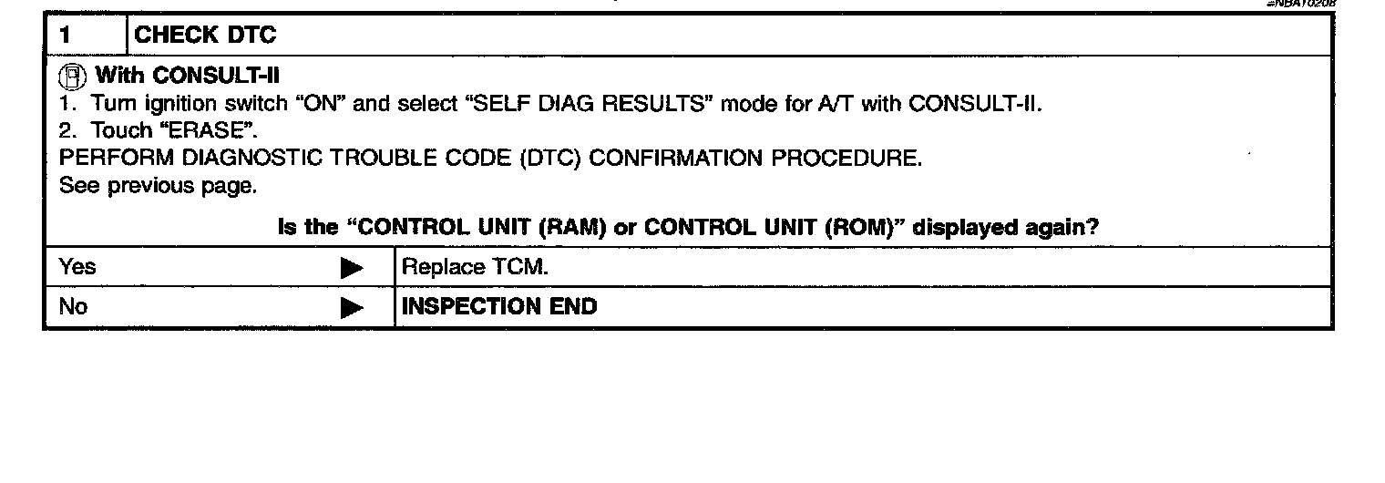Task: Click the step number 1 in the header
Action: tap(64, 37)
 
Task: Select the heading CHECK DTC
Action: tap(205, 37)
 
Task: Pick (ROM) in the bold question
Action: tap(859, 227)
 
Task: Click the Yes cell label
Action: tap(77, 268)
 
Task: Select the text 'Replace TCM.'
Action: tap(475, 268)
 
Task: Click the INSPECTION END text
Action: tap(499, 306)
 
